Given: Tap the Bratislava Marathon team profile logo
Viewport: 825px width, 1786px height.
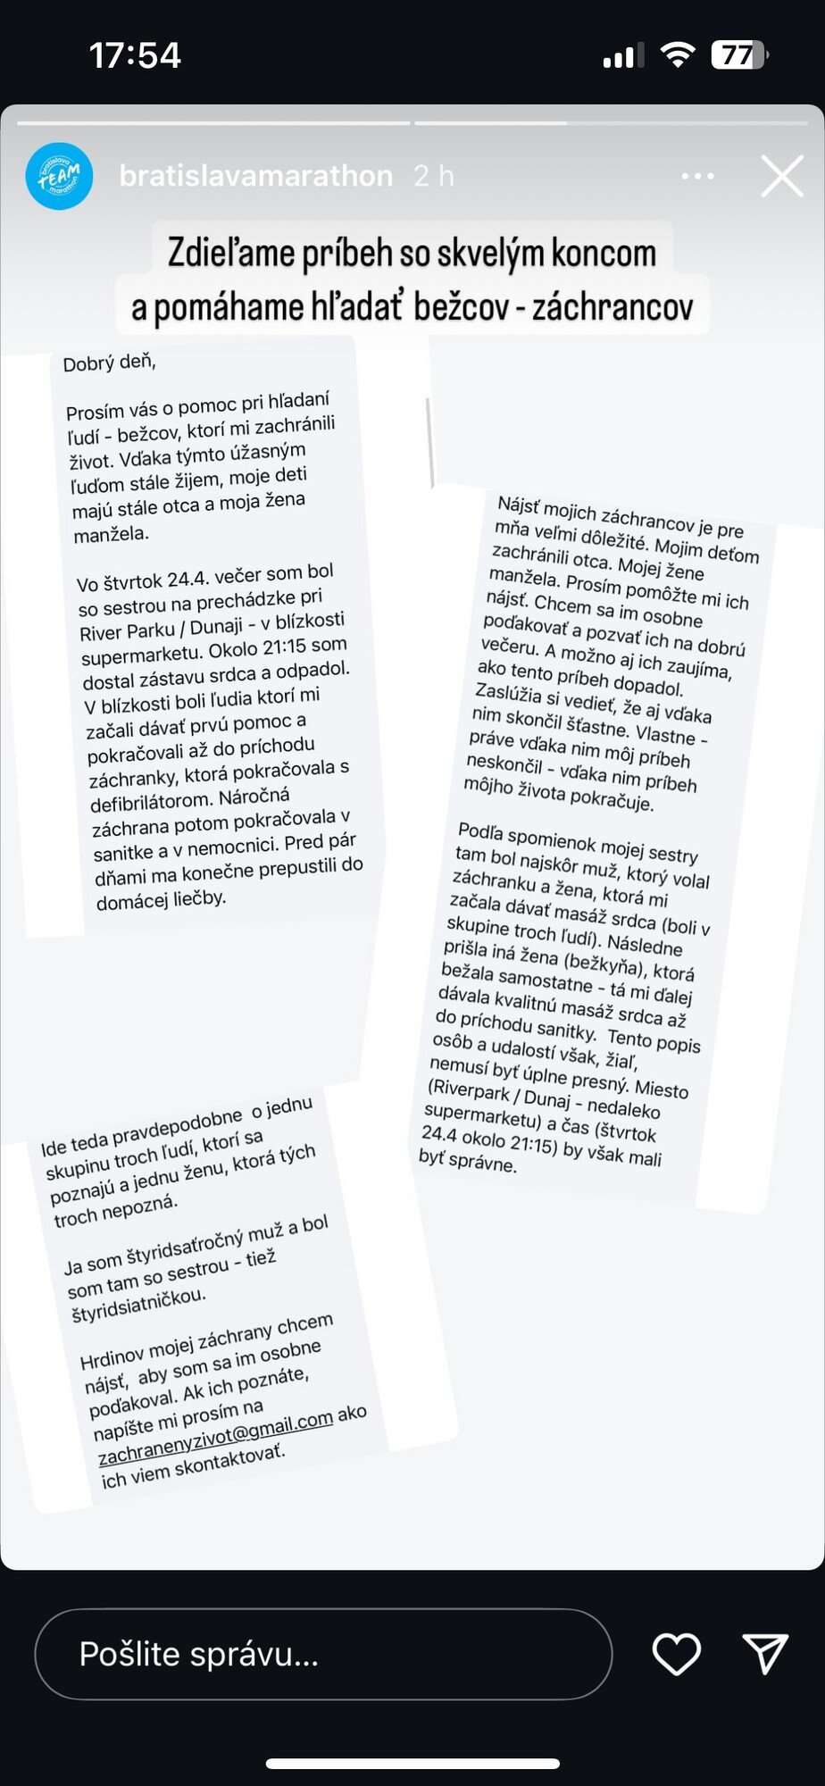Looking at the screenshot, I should (x=59, y=176).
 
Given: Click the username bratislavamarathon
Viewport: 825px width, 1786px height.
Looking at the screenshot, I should (x=255, y=176).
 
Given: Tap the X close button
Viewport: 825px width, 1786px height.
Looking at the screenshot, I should (x=781, y=176).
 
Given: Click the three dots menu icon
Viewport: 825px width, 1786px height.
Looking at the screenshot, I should (x=697, y=176).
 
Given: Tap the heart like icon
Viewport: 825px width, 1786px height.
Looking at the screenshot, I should (x=677, y=1654).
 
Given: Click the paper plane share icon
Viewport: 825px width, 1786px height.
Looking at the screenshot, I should (x=765, y=1654).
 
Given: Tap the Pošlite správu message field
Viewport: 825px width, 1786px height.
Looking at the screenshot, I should (x=323, y=1654).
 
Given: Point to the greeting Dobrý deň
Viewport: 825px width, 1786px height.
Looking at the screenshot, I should (x=109, y=363).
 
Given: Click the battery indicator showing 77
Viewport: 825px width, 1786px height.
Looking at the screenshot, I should (x=739, y=55).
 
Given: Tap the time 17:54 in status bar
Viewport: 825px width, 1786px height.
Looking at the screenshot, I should (x=135, y=55).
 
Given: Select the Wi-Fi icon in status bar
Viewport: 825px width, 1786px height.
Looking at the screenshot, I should (x=678, y=55).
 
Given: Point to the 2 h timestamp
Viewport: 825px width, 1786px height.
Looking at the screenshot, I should (x=434, y=176).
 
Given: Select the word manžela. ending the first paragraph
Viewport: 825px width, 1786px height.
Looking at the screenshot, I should (x=112, y=535).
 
